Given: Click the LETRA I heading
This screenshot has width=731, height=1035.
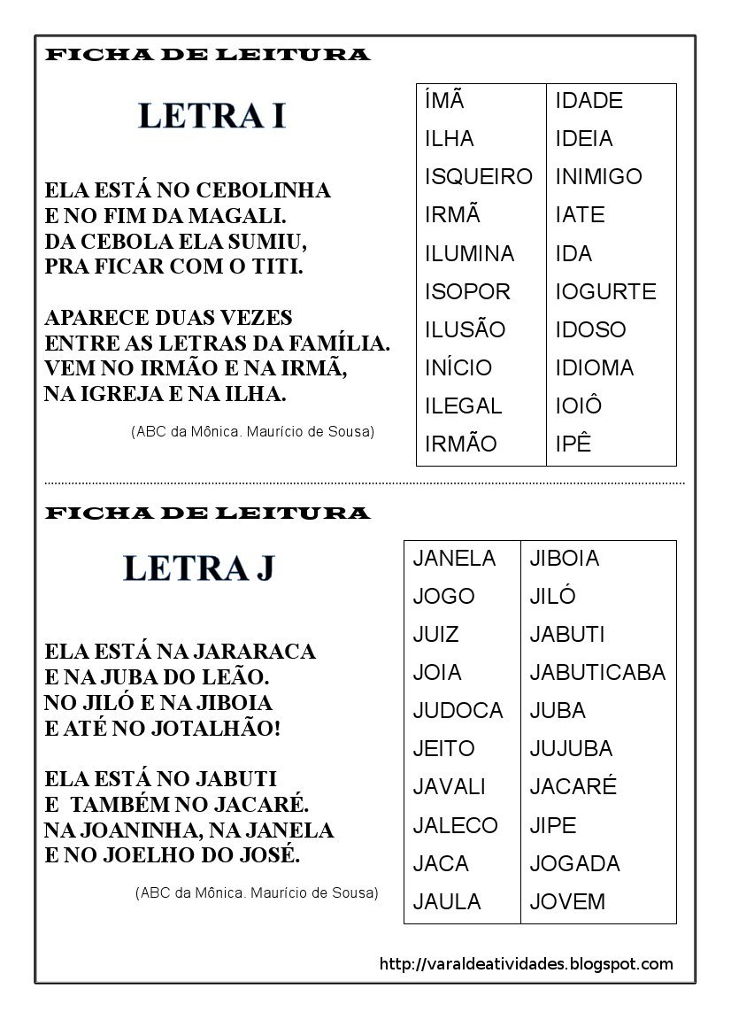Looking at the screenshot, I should [212, 116].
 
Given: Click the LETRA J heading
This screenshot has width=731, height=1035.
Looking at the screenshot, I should [199, 568].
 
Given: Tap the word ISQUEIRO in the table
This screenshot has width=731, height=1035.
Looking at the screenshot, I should [478, 177].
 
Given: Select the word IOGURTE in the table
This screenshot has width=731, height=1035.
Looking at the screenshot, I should [605, 291].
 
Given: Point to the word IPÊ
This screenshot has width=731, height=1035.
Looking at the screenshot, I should [573, 444].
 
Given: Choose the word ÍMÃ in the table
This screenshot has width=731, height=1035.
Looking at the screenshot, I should [445, 100].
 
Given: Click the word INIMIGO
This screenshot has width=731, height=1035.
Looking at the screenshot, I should [598, 177].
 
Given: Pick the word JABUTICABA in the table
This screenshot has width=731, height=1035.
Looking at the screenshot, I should [597, 673].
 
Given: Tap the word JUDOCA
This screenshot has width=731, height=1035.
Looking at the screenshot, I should [458, 711].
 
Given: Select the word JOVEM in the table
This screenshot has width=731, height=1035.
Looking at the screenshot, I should [567, 902].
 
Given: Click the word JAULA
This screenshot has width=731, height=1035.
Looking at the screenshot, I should [447, 902].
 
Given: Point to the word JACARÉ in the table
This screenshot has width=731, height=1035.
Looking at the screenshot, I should [573, 787].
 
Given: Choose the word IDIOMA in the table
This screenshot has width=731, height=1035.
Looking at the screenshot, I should [594, 368].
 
